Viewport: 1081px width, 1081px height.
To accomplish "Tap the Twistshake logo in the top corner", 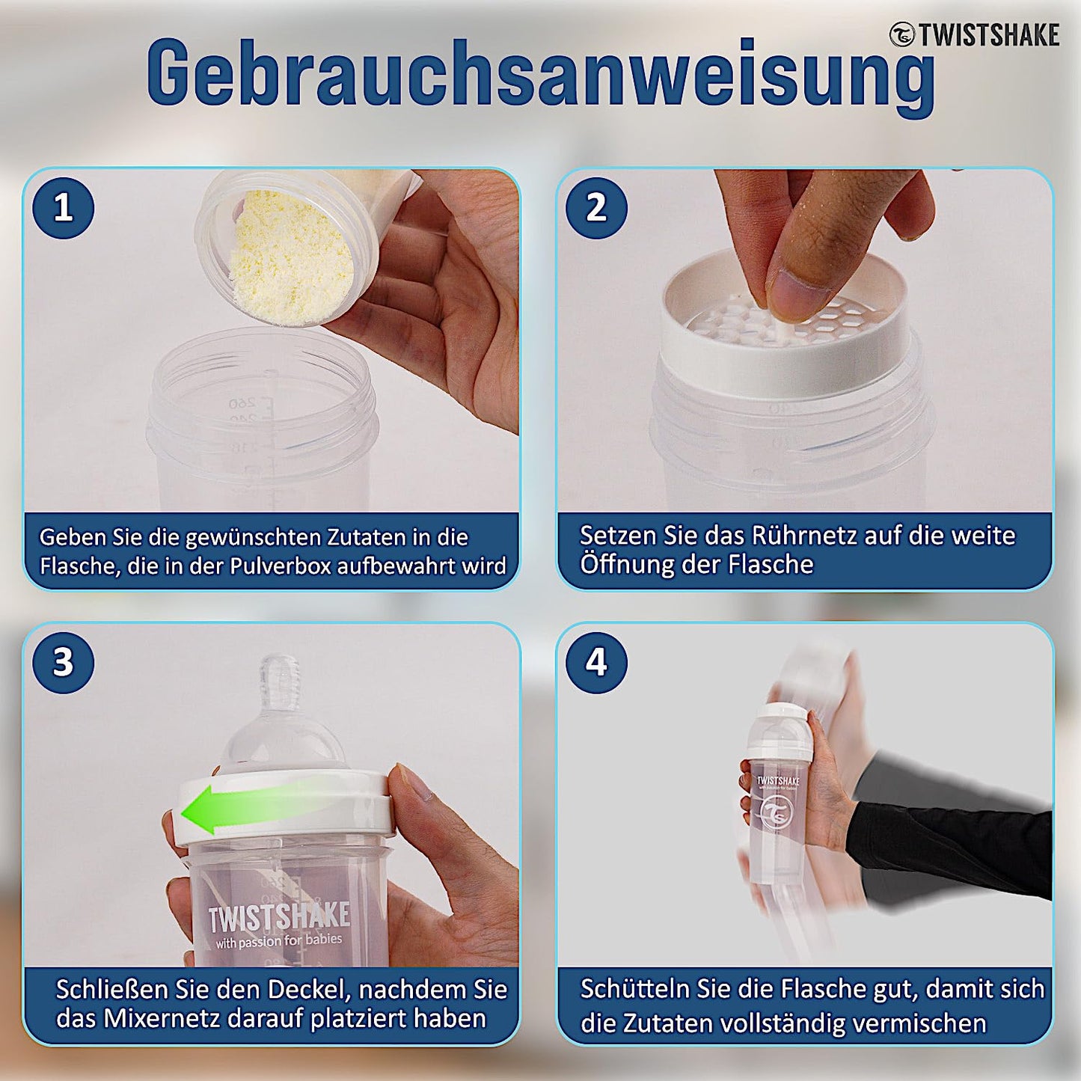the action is [975, 34].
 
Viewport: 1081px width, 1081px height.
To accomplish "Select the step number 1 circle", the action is [64, 208].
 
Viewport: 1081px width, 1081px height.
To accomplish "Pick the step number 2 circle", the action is [596, 208].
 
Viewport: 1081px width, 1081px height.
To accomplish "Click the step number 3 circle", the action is [64, 663].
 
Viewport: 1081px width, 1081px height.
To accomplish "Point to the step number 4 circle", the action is [596, 663].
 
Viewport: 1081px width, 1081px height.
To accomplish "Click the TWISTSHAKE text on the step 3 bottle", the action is [279, 916].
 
